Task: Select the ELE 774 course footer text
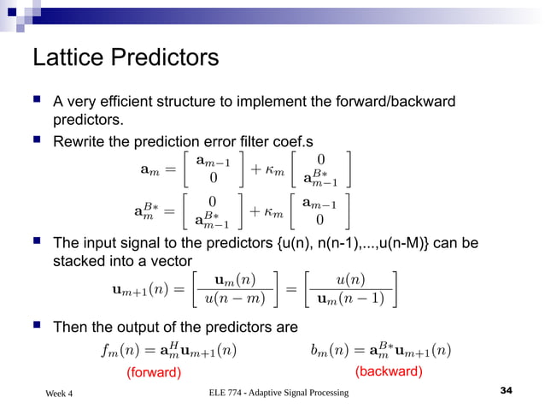tap(278, 392)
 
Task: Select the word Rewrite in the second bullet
tap(80, 140)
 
